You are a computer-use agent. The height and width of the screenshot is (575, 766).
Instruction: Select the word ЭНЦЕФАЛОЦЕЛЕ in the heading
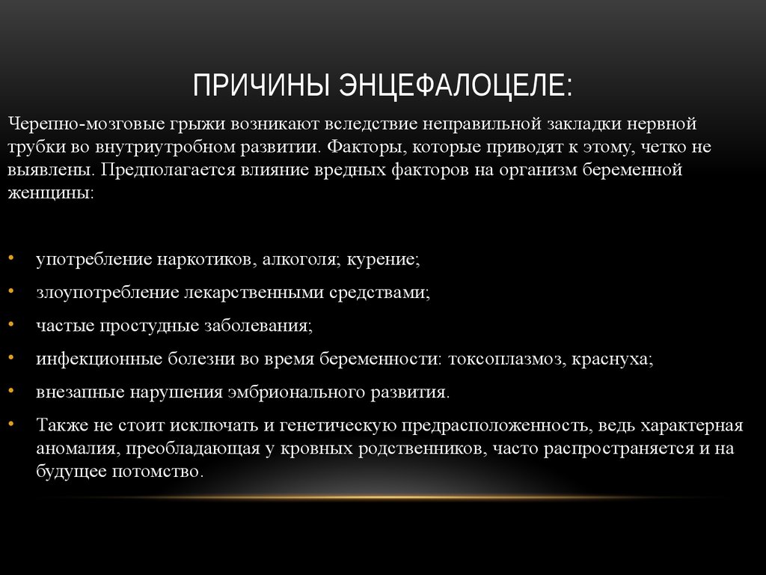click(x=456, y=85)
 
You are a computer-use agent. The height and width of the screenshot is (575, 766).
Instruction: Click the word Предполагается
click(x=159, y=170)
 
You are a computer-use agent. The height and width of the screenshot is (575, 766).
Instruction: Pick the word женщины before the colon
click(x=49, y=193)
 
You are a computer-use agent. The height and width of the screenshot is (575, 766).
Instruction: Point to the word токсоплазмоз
click(x=505, y=359)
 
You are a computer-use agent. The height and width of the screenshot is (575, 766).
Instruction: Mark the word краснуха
click(x=612, y=359)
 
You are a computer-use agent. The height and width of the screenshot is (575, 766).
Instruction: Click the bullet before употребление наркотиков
click(x=17, y=259)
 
